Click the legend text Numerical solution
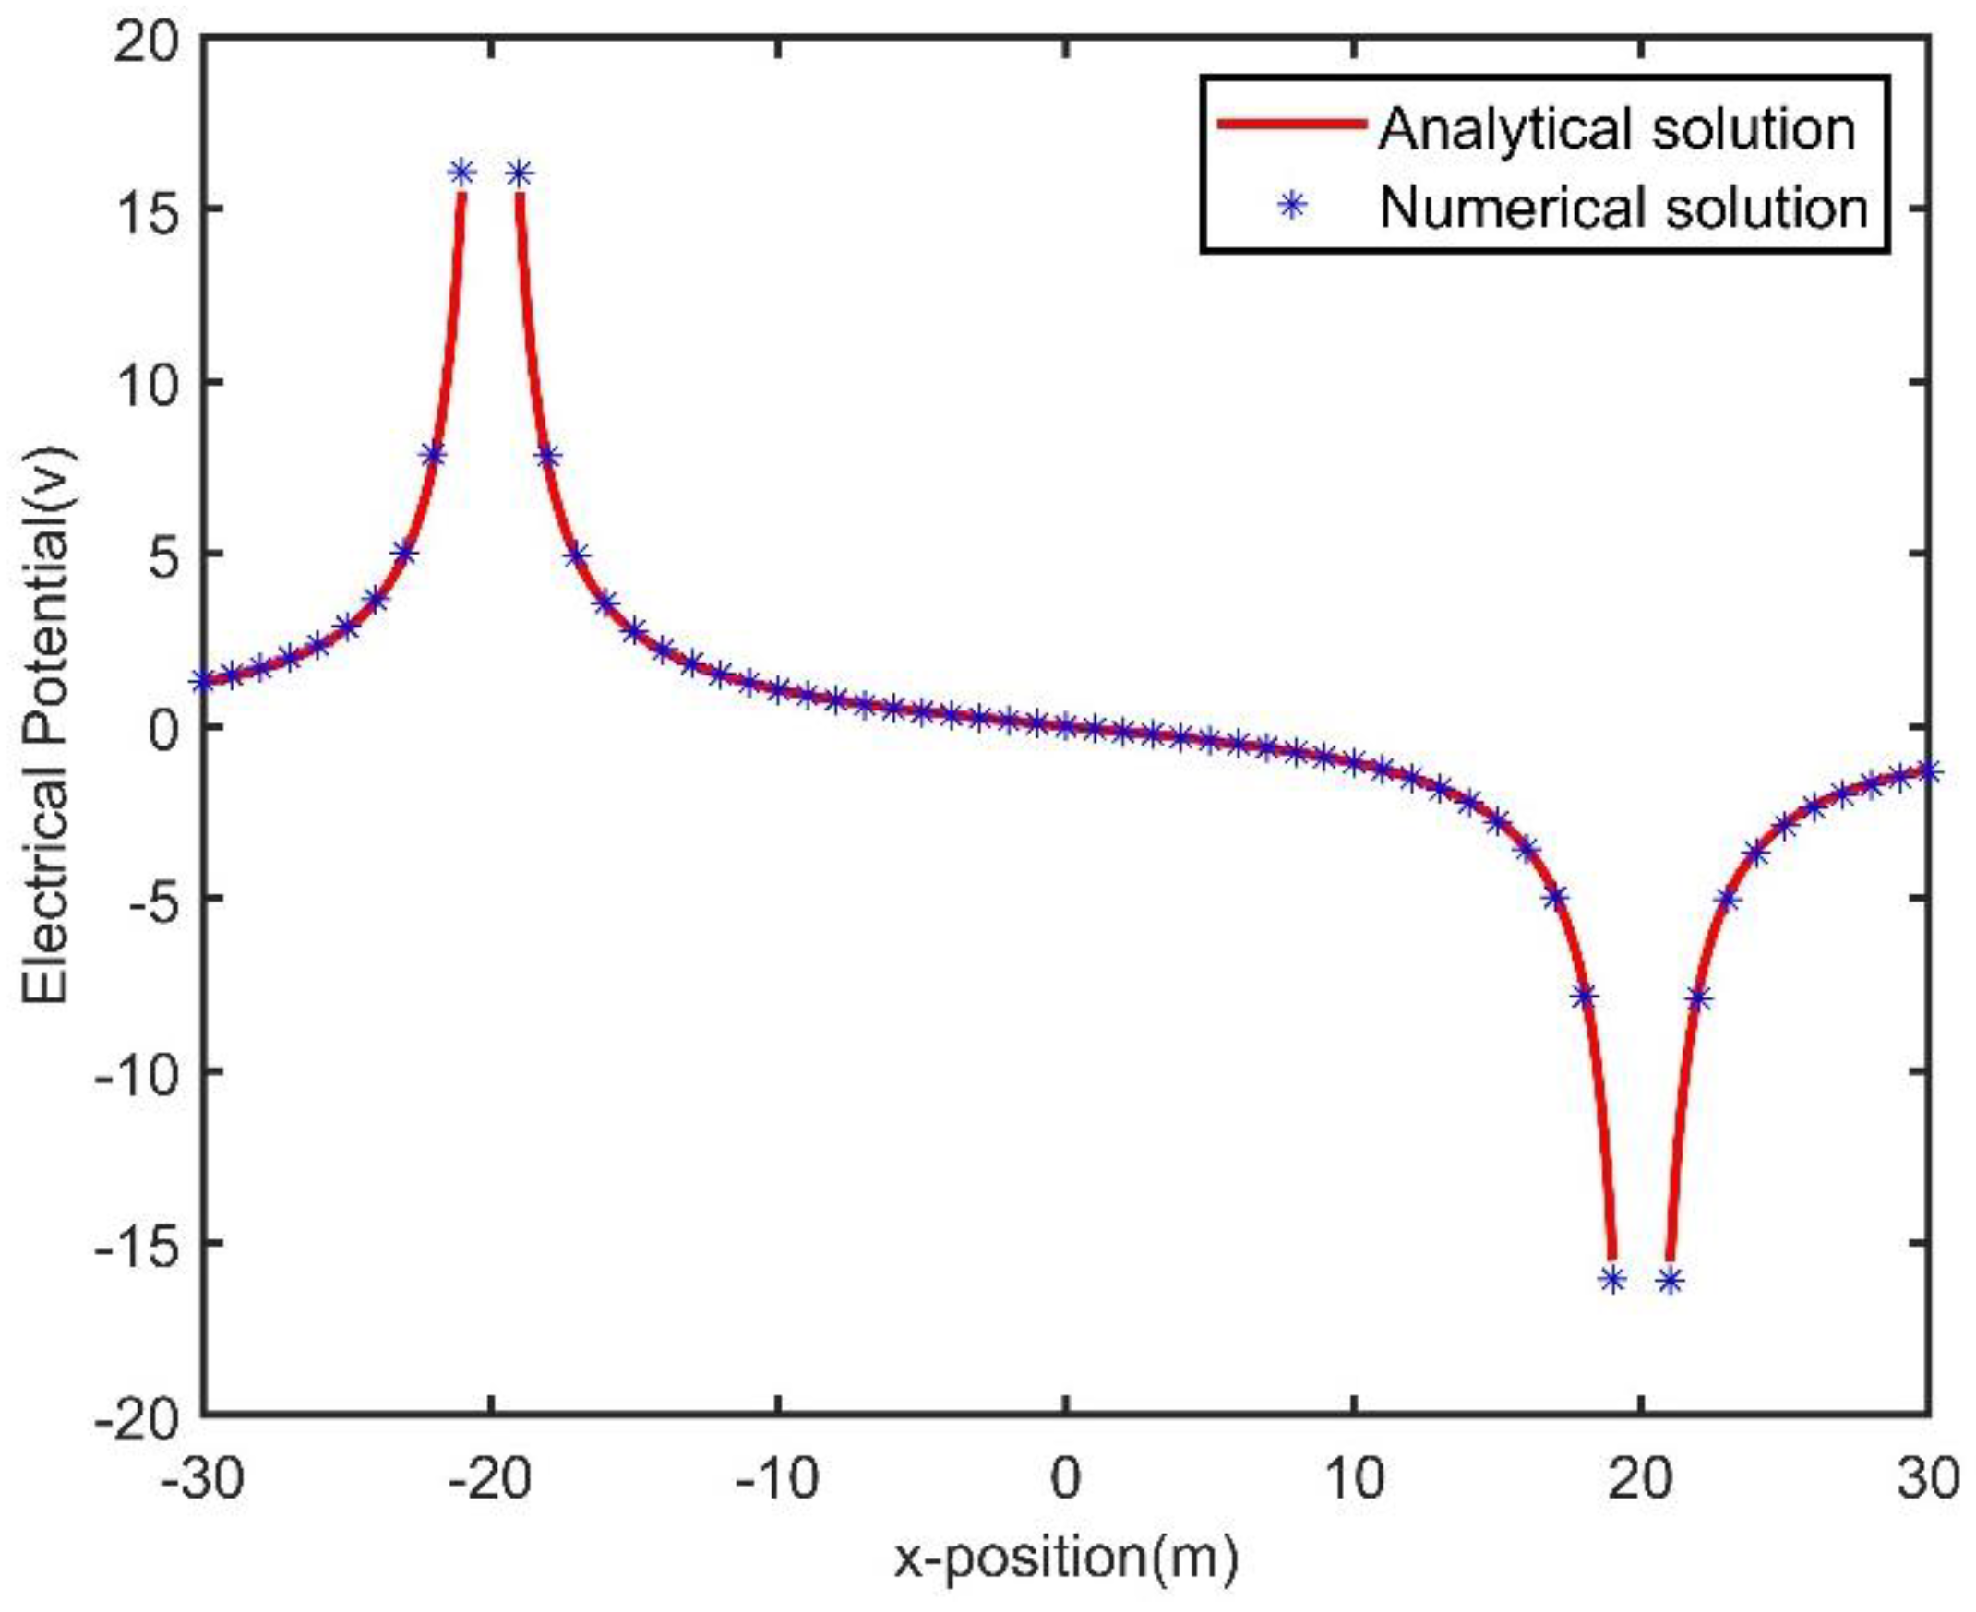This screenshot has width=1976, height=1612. (1623, 208)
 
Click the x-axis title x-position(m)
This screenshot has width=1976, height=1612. (1066, 1558)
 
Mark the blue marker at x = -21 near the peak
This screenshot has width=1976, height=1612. (461, 173)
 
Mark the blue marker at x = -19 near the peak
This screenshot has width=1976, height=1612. (519, 173)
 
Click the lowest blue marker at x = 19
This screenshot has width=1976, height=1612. (1613, 1279)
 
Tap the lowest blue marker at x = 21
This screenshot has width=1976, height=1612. (1671, 1281)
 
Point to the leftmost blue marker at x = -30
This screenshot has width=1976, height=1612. (202, 683)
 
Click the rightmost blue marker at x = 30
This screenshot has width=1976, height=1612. (1930, 770)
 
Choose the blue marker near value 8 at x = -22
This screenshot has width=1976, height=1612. (433, 455)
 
